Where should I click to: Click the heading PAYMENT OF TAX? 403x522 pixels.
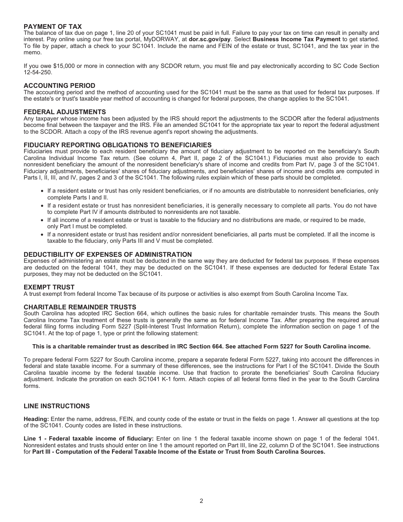pos(53,26)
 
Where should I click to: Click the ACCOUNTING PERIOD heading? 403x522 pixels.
pos(59,86)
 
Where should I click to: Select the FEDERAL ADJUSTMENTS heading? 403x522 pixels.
pos(64,112)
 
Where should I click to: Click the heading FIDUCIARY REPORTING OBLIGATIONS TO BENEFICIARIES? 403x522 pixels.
pos(118,145)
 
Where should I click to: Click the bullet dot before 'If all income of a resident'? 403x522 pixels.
pos(42,220)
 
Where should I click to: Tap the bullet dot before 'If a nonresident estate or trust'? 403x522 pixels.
pos(42,235)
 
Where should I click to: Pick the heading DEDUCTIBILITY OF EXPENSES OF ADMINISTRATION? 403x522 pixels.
pos(108,255)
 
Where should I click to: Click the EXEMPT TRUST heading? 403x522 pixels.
pos(49,287)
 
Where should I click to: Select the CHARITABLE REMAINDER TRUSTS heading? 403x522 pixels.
pos(80,307)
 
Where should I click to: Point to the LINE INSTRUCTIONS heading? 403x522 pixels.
pos(56,406)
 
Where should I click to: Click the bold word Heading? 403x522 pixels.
pos(36,419)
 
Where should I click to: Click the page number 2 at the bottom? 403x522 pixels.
pos(201,501)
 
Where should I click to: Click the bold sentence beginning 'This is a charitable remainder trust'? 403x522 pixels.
pos(201,346)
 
